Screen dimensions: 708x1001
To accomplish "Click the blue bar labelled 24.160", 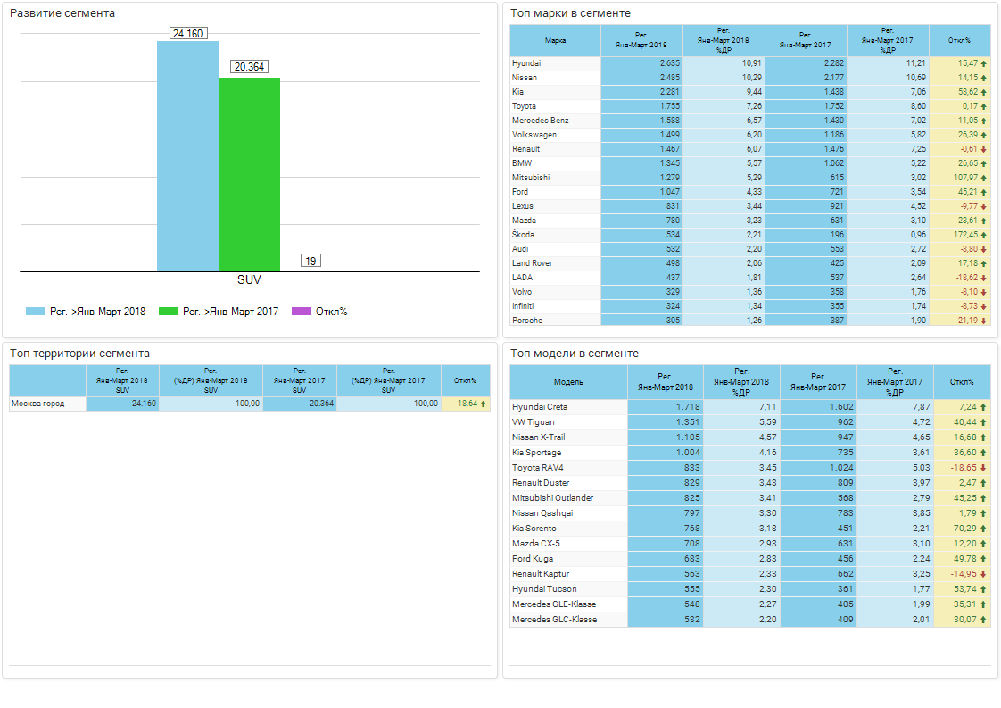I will coord(187,156).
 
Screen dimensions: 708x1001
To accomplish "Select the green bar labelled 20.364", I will coord(249,174).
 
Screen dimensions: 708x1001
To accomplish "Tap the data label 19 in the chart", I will coord(310,261).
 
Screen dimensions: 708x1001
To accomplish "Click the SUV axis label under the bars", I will coord(249,279).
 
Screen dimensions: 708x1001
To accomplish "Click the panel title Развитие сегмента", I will coord(62,13).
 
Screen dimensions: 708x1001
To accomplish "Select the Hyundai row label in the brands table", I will coord(526,63).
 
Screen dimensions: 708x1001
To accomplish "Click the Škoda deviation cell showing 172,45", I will coord(960,235).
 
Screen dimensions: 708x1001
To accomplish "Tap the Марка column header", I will coord(555,40).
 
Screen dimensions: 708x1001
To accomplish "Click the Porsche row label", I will coord(527,321).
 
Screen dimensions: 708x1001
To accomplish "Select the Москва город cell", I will coord(37,404).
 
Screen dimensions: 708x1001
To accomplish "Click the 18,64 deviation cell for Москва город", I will coord(467,404).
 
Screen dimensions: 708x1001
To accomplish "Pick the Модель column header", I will coord(568,382).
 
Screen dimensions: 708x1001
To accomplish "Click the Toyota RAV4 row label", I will coord(538,468).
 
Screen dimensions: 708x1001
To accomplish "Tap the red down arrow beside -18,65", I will coord(983,468).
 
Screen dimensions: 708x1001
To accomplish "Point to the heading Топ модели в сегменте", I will coord(575,354).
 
